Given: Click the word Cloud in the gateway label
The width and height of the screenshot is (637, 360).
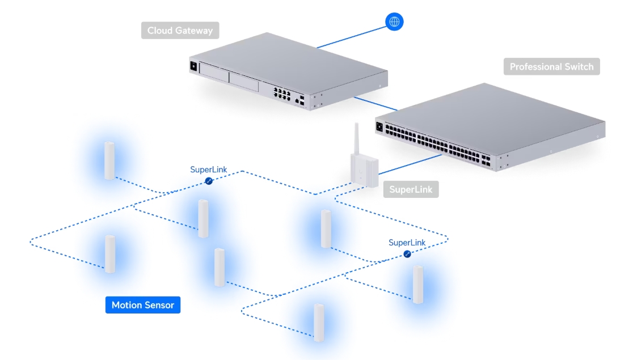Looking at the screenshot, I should point(160,31).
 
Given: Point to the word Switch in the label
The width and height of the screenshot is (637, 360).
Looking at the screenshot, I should point(579,67).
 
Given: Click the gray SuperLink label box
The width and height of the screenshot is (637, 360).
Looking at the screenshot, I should point(411,189).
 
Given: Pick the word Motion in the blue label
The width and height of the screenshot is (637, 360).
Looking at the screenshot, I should point(126,305).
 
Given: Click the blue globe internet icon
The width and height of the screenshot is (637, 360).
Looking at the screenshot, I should point(394,22).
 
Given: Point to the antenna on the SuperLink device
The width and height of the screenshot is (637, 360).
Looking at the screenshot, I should point(357,139).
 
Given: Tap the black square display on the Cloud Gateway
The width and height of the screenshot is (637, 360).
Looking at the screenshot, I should point(194,66).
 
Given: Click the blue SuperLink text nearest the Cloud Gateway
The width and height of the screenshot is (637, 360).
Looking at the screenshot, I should point(208,170).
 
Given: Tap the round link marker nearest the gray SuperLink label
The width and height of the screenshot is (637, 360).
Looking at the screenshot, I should point(407,254).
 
